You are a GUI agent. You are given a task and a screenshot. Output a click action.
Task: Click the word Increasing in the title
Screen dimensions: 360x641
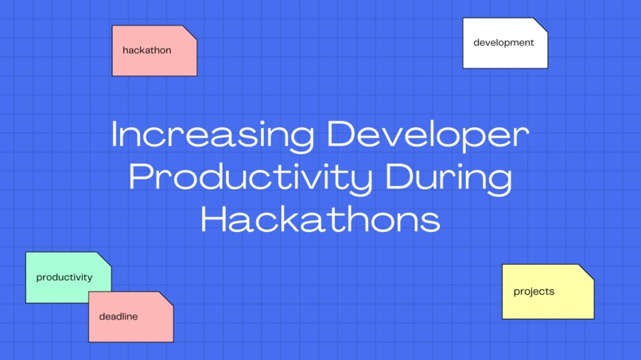212,135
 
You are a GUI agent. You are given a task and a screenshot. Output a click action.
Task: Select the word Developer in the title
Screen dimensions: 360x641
428,135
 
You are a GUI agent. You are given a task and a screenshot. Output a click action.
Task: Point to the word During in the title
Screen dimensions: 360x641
449,177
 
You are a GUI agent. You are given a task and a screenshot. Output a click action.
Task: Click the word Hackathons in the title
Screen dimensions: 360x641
320,219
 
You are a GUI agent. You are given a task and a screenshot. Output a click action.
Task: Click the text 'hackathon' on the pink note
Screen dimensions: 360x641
146,50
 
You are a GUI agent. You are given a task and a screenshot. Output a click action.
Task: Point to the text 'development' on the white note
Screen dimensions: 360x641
503,42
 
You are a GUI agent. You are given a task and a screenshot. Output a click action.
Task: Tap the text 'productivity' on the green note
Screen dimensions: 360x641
64,277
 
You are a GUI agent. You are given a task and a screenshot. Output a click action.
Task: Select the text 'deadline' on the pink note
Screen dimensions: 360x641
118,316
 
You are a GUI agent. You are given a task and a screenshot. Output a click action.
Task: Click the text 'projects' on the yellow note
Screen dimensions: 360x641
534,292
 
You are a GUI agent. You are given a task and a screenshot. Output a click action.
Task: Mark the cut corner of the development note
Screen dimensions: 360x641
541,25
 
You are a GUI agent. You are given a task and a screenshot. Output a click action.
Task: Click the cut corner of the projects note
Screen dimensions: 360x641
587,271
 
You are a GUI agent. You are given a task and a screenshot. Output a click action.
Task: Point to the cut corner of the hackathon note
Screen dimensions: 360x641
190,33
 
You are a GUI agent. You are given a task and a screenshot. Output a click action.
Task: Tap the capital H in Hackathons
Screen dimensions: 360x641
212,219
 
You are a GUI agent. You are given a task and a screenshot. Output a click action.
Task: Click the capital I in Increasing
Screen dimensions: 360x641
115,135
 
